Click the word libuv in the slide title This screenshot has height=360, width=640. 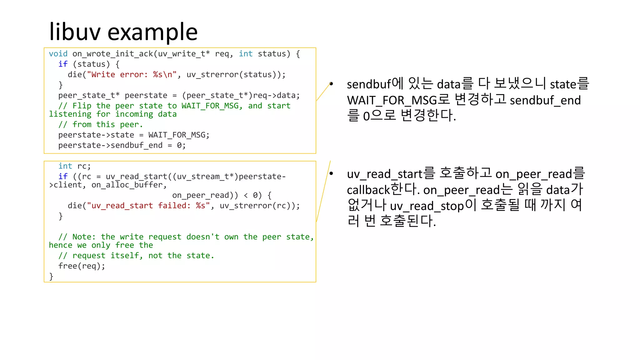click(75, 32)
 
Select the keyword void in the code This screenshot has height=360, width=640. click(58, 54)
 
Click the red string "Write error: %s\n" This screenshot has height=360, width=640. click(132, 75)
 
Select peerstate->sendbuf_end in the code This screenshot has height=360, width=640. click(110, 145)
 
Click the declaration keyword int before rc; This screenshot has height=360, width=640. click(65, 166)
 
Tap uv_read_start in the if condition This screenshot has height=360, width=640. click(136, 177)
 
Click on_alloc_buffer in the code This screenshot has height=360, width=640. click(127, 185)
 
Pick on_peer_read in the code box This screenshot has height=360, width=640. click(201, 195)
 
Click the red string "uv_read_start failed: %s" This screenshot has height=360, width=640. click(148, 206)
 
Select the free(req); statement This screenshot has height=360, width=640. click(82, 266)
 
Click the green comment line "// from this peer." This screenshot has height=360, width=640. click(100, 125)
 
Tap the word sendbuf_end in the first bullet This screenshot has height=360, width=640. click(545, 100)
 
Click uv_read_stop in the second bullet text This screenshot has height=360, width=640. click(427, 206)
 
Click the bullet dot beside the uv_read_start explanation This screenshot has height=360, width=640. click(331, 173)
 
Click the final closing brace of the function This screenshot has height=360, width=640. click(51, 276)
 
